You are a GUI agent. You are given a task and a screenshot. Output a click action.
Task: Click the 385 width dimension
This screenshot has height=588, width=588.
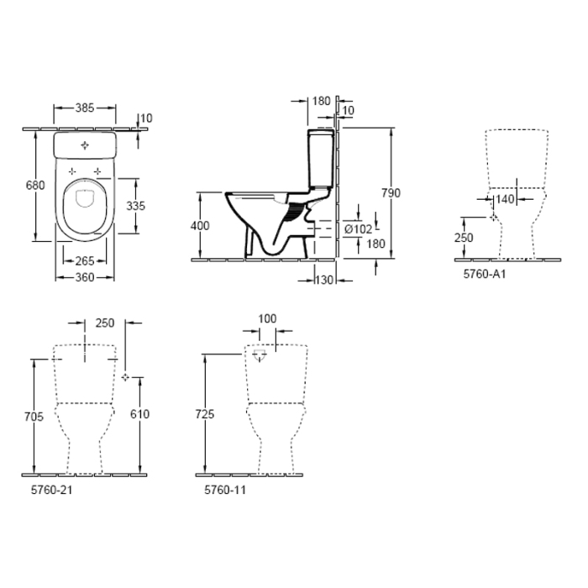[82, 108]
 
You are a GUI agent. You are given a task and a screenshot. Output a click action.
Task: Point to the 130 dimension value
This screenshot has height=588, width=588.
[325, 280]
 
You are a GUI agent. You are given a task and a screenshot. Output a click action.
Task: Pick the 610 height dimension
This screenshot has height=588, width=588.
[139, 413]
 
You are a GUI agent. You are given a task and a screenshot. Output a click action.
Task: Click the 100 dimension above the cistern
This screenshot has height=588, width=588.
[266, 320]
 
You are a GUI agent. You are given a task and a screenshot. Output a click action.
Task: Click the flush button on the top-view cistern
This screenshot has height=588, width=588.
[84, 146]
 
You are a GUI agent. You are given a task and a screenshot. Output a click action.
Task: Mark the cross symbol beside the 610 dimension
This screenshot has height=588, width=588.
[125, 377]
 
